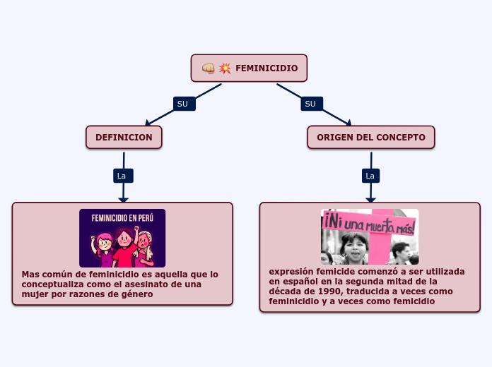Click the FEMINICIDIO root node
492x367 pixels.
coord(249,68)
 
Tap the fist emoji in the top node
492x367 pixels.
coord(209,68)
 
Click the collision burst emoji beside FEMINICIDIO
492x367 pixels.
coord(225,68)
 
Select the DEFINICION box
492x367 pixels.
coord(124,137)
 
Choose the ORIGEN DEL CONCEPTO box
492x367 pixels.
coord(370,137)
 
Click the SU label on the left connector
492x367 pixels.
coord(183,104)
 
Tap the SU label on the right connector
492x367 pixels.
coord(310,104)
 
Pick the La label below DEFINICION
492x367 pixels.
coord(122,176)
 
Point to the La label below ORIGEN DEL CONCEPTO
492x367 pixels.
coord(370,176)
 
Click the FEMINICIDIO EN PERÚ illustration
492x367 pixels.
coord(122,238)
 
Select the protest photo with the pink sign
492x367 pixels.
coord(370,236)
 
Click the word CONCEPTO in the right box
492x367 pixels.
coord(401,137)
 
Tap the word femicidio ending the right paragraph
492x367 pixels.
coord(410,301)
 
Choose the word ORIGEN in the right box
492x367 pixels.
coord(335,137)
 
